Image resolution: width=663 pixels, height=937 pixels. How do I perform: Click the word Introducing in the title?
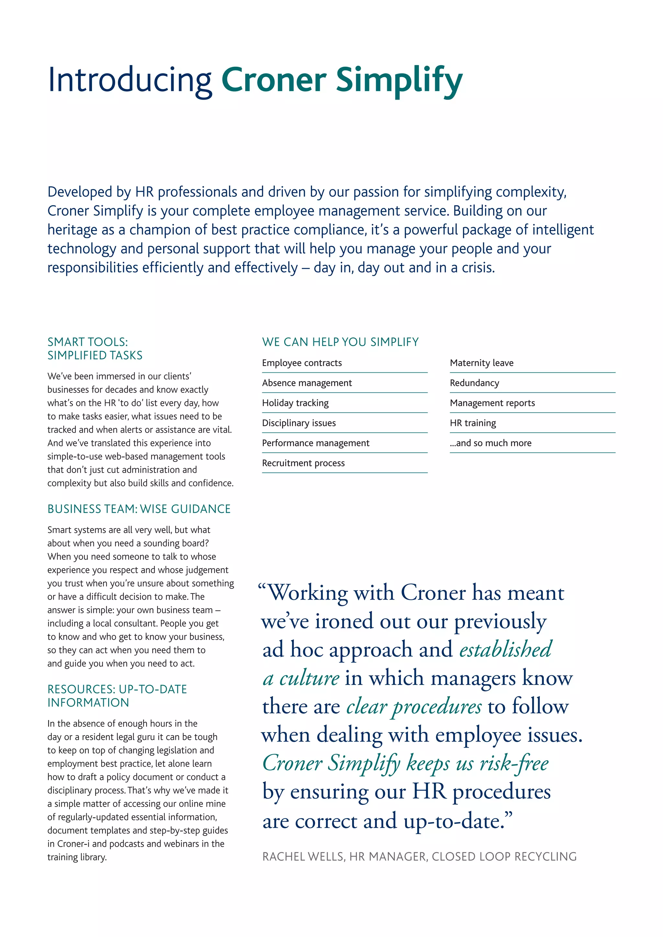[129, 80]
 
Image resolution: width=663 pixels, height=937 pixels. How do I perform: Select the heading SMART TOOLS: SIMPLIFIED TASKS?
[95, 348]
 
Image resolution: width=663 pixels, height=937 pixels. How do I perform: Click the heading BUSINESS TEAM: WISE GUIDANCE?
[139, 509]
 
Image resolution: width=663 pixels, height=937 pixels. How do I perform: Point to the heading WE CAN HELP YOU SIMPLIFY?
[340, 342]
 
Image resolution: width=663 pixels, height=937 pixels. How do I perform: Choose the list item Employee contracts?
[302, 363]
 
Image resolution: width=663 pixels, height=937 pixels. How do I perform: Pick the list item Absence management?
[307, 383]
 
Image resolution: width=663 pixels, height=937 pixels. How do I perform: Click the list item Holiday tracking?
[295, 403]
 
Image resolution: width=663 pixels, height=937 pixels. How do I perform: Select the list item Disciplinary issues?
[299, 423]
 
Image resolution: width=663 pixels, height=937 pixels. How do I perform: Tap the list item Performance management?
[316, 443]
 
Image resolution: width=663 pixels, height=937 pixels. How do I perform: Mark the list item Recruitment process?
[303, 463]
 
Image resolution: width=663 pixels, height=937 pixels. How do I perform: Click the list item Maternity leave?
[481, 363]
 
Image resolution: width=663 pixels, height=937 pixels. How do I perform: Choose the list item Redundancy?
[474, 383]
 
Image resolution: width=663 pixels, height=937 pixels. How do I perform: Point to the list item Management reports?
[492, 403]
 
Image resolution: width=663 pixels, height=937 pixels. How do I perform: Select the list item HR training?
[473, 423]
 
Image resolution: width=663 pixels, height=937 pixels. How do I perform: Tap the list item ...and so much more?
[490, 443]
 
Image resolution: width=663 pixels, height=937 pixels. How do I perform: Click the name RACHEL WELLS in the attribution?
[302, 857]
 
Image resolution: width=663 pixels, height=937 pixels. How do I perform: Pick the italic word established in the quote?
[505, 649]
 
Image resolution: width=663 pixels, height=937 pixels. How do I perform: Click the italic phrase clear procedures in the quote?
[413, 706]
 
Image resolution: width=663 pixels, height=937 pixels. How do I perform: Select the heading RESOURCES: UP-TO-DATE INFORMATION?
[117, 696]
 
